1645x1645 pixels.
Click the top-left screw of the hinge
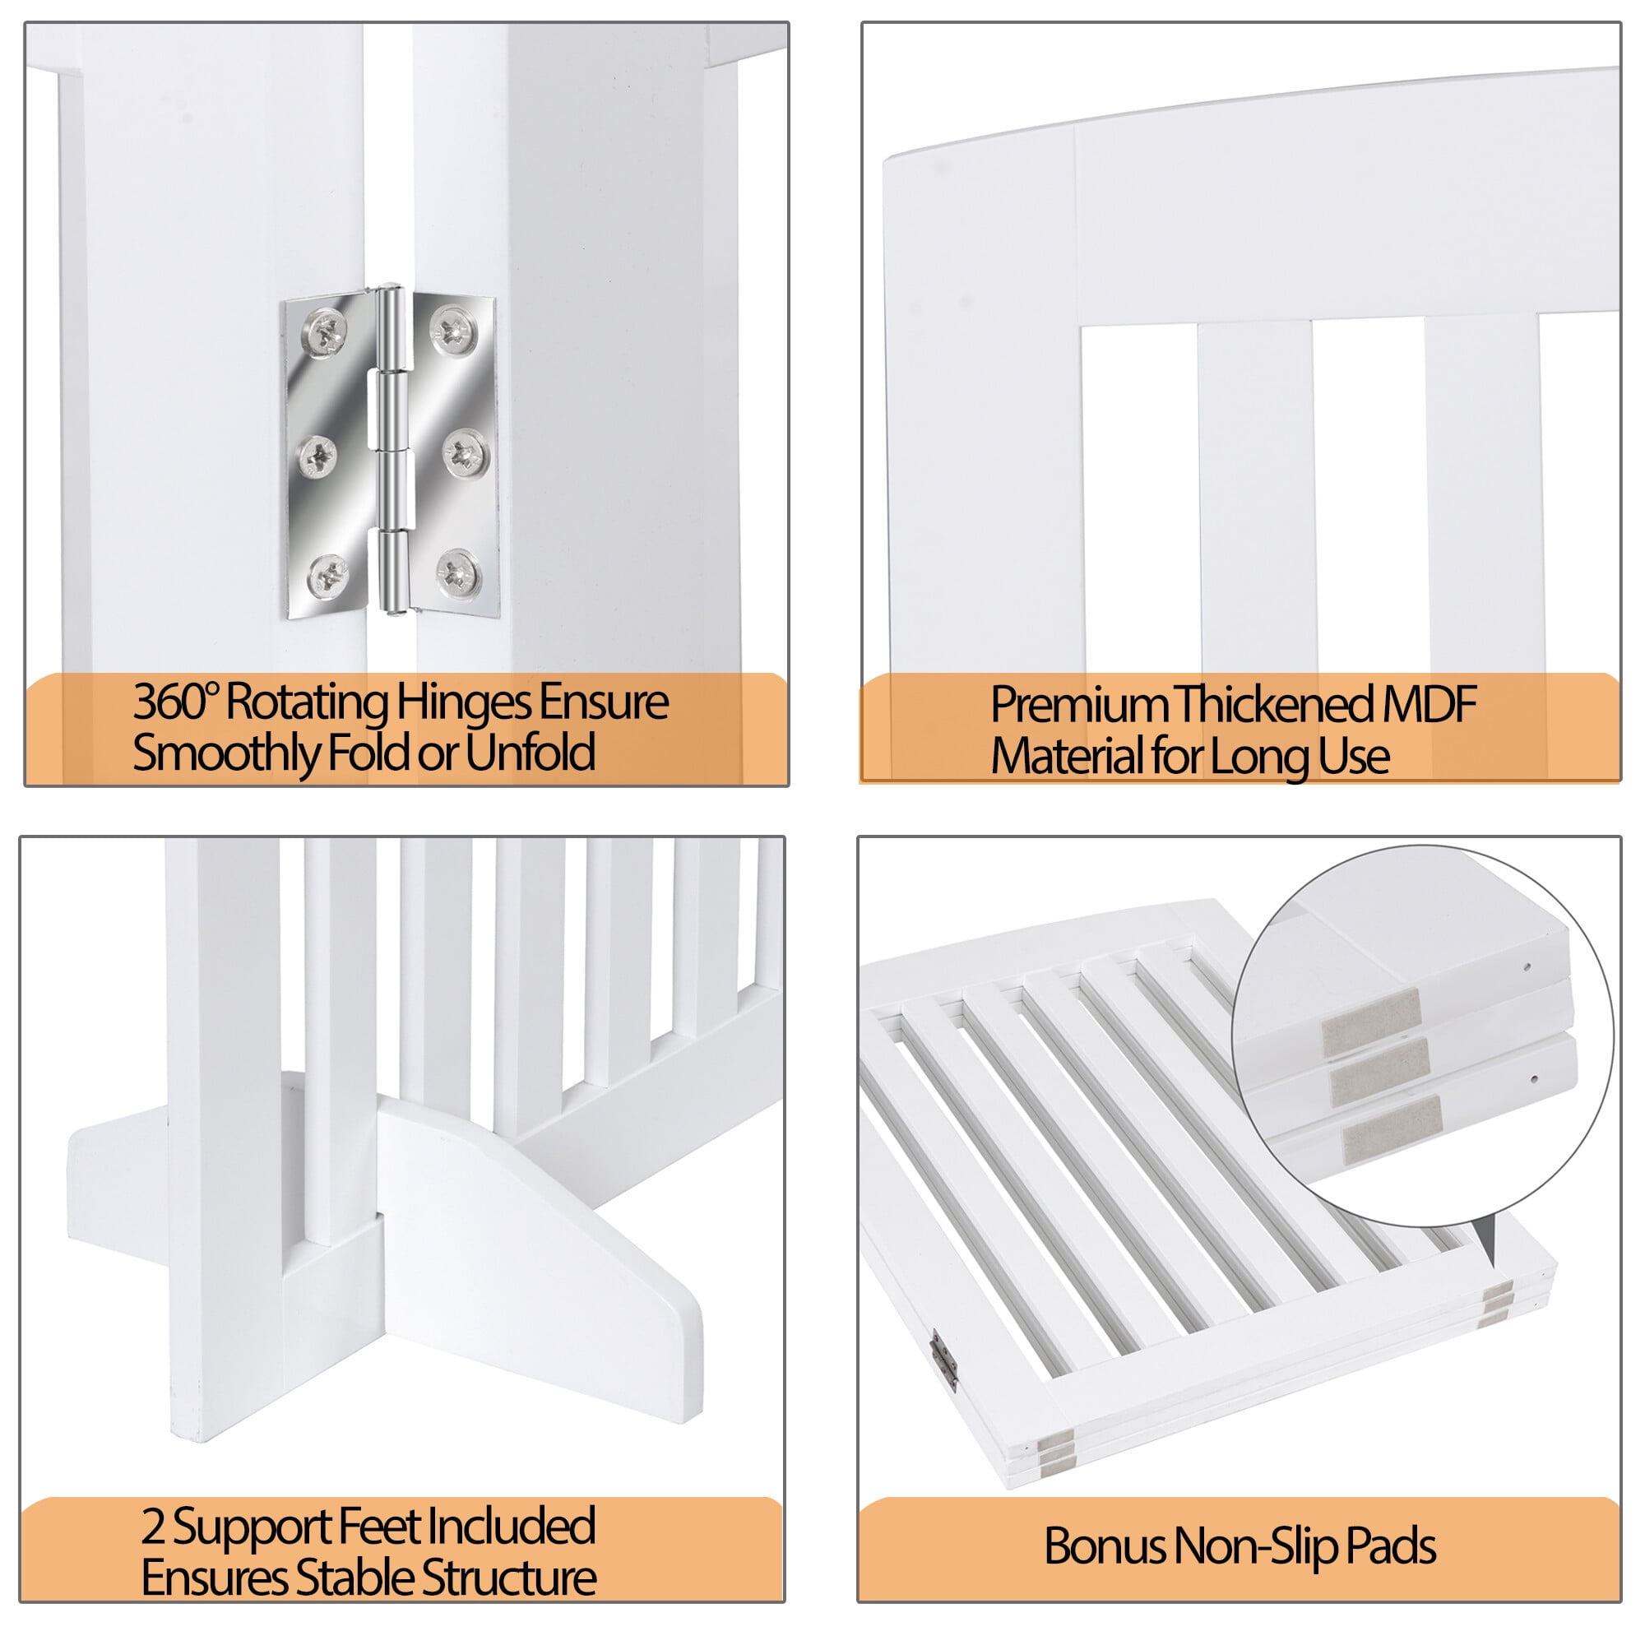click(x=326, y=333)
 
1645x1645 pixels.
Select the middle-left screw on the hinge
click(x=317, y=456)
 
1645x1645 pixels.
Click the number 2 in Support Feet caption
click(x=153, y=1527)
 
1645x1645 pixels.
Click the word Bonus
click(x=1105, y=1545)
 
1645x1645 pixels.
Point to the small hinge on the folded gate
click(x=943, y=1361)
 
